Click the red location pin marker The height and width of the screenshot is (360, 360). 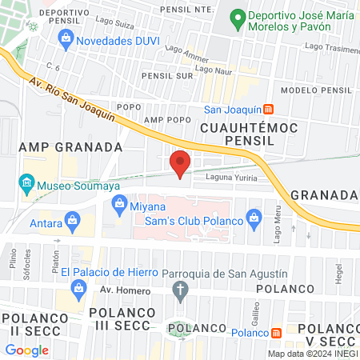tap(180, 163)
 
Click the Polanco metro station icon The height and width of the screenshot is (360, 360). tap(276, 333)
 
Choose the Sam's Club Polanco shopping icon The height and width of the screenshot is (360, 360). tap(254, 216)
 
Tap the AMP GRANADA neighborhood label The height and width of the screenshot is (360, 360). tap(70, 147)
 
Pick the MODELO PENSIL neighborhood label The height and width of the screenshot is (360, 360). tap(316, 90)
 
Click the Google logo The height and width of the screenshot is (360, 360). tap(26, 350)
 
